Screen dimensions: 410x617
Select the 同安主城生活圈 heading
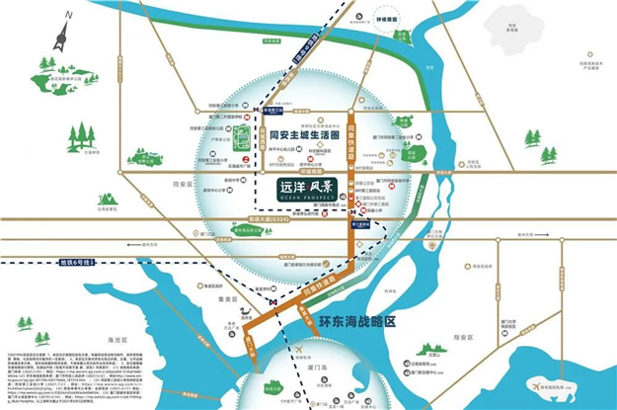point(304,137)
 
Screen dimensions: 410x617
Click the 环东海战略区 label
point(357,320)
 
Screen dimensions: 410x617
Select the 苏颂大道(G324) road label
point(285,220)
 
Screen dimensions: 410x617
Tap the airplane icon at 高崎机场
point(299,350)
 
